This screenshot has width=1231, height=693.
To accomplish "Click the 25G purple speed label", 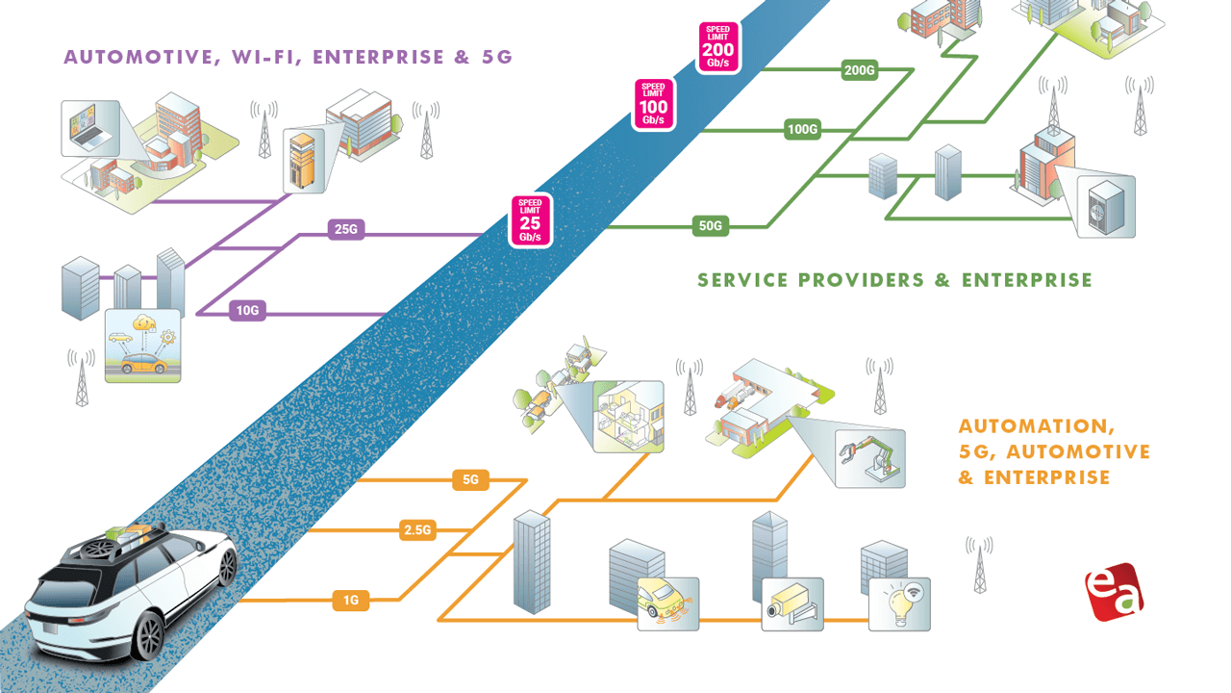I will click(343, 229).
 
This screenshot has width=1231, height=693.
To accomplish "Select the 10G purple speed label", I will click(247, 310).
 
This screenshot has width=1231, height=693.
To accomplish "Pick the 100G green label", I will click(802, 128).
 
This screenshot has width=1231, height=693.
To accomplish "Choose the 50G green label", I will click(710, 227).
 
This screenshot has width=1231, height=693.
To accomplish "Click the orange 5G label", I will click(471, 478).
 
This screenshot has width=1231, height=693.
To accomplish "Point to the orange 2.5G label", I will click(417, 528).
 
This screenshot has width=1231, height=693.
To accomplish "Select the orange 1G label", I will click(351, 601).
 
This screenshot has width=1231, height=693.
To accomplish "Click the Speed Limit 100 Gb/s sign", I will click(654, 104).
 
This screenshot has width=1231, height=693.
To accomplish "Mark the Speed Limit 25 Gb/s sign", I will click(530, 220).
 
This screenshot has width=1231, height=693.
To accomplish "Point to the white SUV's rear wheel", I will click(148, 635).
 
